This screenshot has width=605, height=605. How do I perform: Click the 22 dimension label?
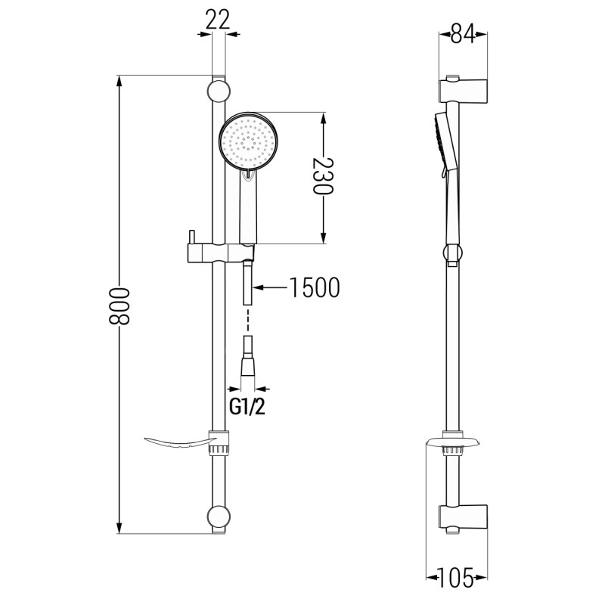point(218,20)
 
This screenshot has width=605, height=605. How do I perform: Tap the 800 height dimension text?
point(119,306)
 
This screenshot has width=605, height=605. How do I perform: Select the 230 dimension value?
point(323,175)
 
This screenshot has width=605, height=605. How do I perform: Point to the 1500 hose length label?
point(315,287)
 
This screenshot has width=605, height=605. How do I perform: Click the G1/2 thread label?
point(247,407)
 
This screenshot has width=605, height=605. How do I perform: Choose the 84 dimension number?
point(463,34)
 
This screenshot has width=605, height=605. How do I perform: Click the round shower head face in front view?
point(248,141)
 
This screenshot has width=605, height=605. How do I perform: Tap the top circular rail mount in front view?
point(219,92)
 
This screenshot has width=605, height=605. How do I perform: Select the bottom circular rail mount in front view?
point(219,517)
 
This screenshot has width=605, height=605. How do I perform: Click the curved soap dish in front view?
point(178,443)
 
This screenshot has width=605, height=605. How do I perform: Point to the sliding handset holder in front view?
point(221,253)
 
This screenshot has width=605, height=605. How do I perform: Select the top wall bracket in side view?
point(463,91)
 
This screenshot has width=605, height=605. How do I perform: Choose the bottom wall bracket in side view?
point(463,519)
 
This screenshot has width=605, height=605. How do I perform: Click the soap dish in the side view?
point(452,442)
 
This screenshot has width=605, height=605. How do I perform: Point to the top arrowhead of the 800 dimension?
point(119,81)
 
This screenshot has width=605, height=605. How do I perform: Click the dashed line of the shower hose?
point(247,319)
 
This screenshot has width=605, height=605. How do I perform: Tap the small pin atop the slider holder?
point(191,237)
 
